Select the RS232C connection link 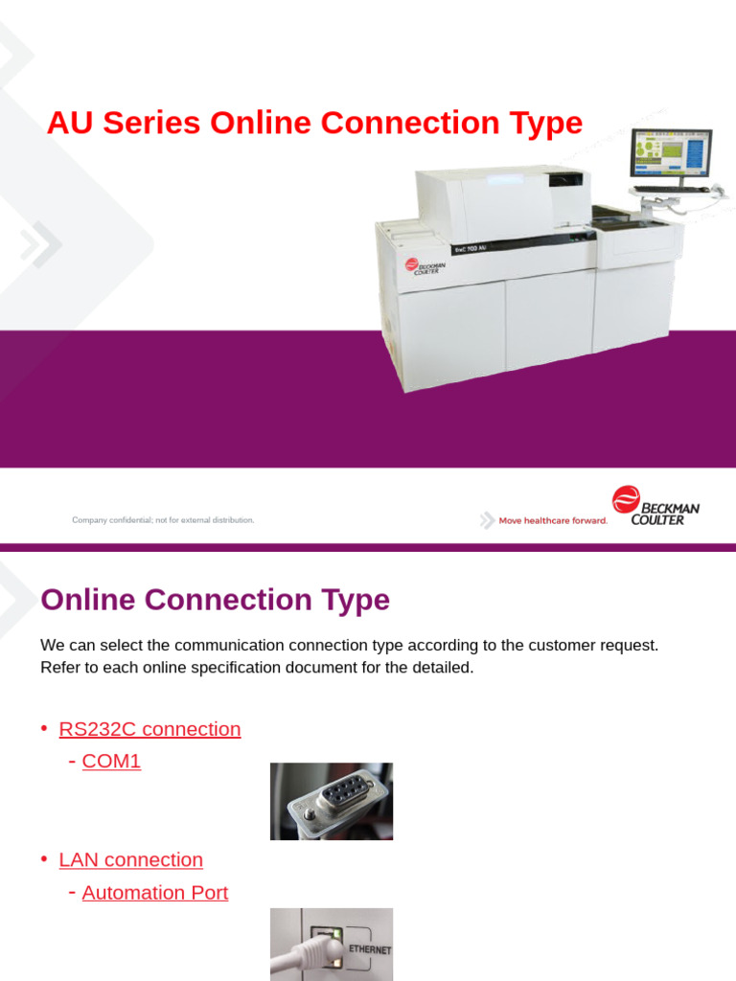click(149, 729)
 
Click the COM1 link click(111, 762)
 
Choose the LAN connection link click(130, 860)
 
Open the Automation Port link click(154, 893)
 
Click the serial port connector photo click(331, 801)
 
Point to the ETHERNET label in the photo click(370, 949)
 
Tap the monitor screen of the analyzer click(670, 152)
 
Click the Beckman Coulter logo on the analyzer click(422, 265)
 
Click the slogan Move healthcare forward click(553, 521)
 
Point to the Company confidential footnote click(163, 520)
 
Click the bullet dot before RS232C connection click(44, 729)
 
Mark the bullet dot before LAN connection click(44, 860)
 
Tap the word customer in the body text click(563, 646)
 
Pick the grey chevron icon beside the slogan click(488, 520)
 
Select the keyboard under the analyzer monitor click(671, 190)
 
